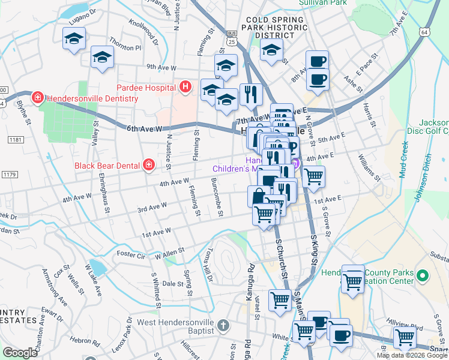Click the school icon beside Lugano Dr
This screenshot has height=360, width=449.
74,39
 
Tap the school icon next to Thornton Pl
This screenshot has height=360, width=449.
102,58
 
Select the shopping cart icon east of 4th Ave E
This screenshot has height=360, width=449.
313,177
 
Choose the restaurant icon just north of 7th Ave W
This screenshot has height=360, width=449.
251,95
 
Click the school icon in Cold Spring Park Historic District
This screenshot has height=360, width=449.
271,51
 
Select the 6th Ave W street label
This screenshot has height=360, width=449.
144,128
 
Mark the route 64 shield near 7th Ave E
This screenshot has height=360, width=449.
424,31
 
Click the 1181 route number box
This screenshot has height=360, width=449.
15,139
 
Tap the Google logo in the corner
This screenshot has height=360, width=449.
20,352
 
